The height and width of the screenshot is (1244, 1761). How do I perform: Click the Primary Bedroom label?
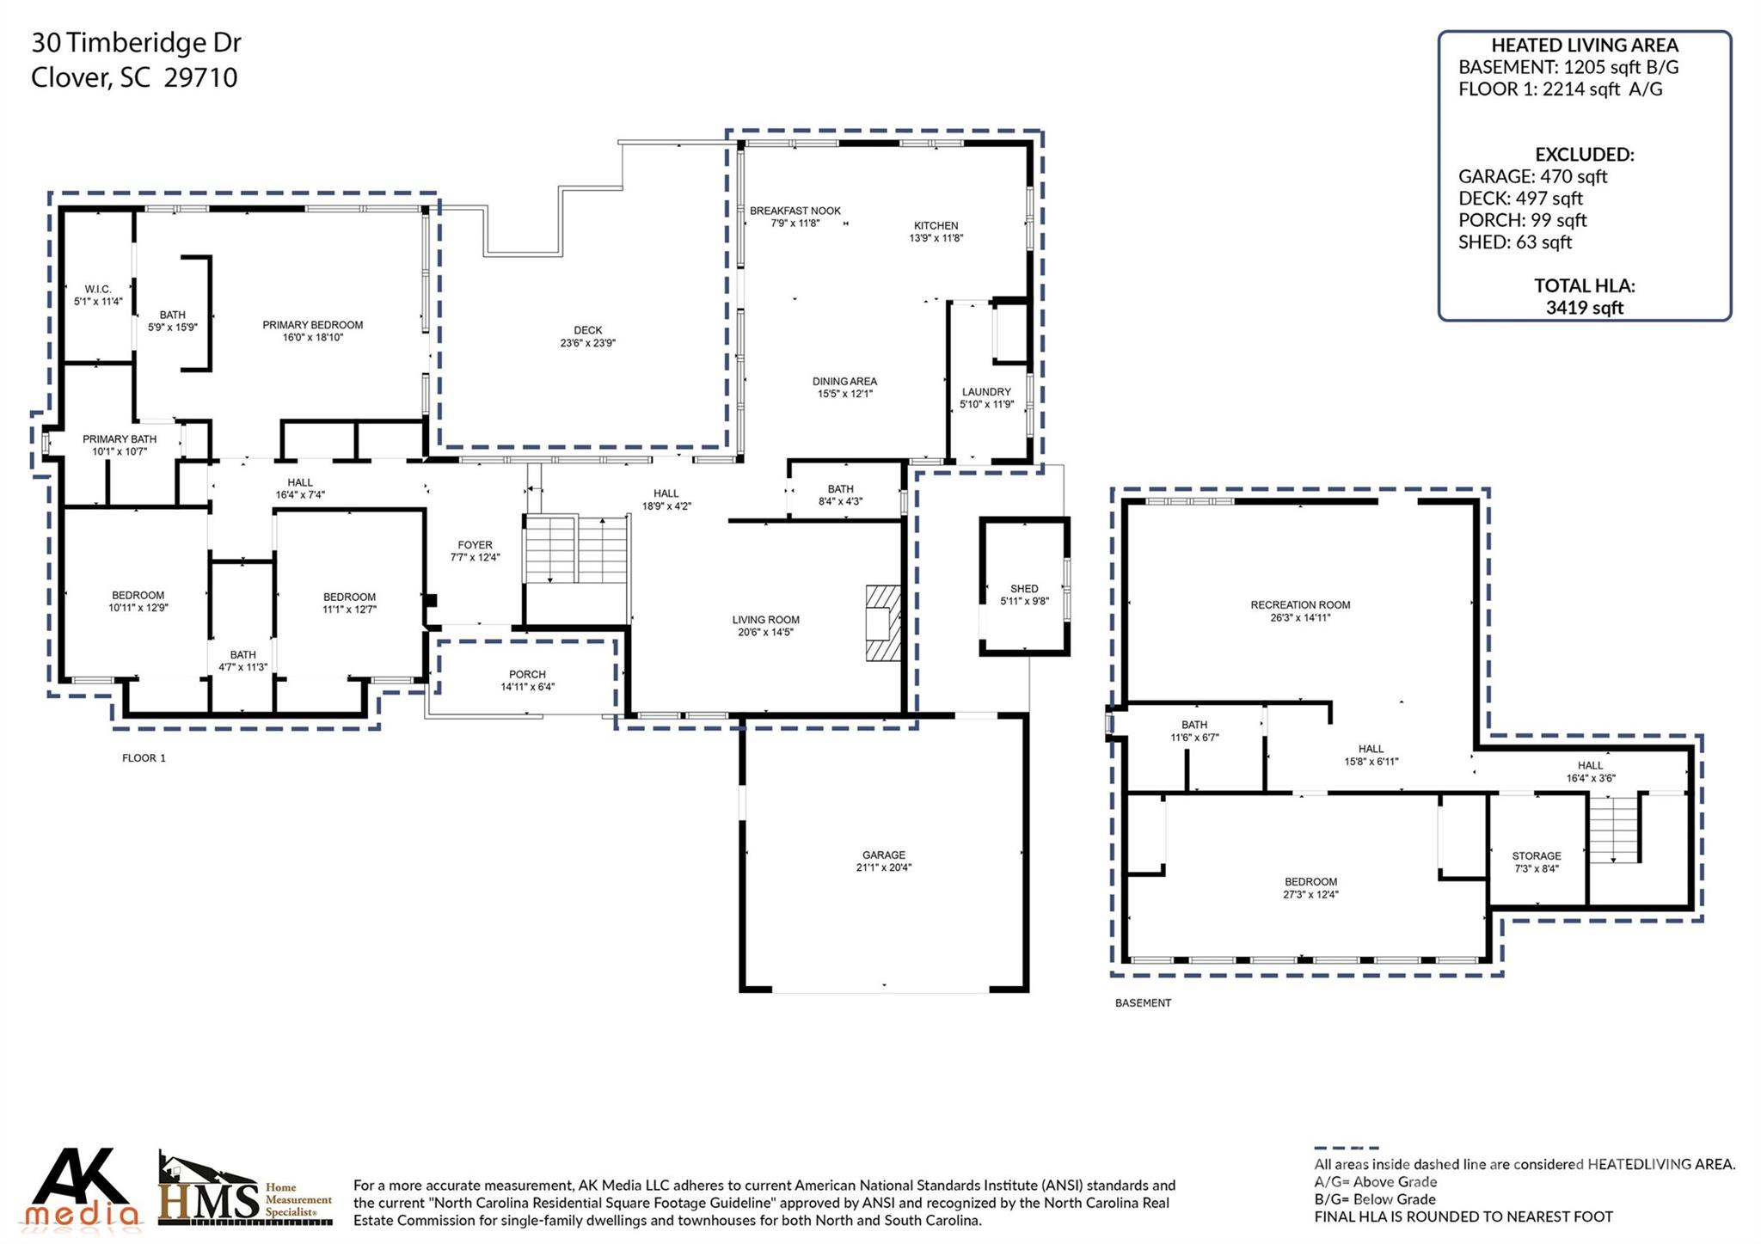point(312,325)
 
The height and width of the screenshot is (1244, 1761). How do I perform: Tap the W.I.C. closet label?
point(98,290)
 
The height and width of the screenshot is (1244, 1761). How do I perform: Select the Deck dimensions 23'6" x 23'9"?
point(587,343)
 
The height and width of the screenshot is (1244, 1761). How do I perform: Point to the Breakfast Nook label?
point(795,211)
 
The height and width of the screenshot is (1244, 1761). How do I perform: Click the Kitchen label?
point(936,225)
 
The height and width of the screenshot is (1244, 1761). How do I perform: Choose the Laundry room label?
point(985,392)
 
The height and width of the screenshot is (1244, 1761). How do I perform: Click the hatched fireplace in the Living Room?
point(882,623)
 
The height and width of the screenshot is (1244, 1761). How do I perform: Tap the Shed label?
point(1024,589)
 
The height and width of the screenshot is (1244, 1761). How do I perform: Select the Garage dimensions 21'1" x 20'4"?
point(883,867)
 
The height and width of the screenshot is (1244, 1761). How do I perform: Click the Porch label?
point(527,675)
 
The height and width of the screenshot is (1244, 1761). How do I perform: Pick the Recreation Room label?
point(1299,605)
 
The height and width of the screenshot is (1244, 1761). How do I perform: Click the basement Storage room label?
point(1536,856)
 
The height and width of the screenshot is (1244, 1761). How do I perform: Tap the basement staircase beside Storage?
point(1614,829)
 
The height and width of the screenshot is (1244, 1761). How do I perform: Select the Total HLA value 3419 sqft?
point(1584,308)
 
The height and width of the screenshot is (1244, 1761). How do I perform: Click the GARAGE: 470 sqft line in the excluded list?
point(1532,176)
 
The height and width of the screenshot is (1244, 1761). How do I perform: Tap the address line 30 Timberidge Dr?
point(136,42)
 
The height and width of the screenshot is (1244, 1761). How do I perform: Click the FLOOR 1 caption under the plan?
point(144,758)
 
